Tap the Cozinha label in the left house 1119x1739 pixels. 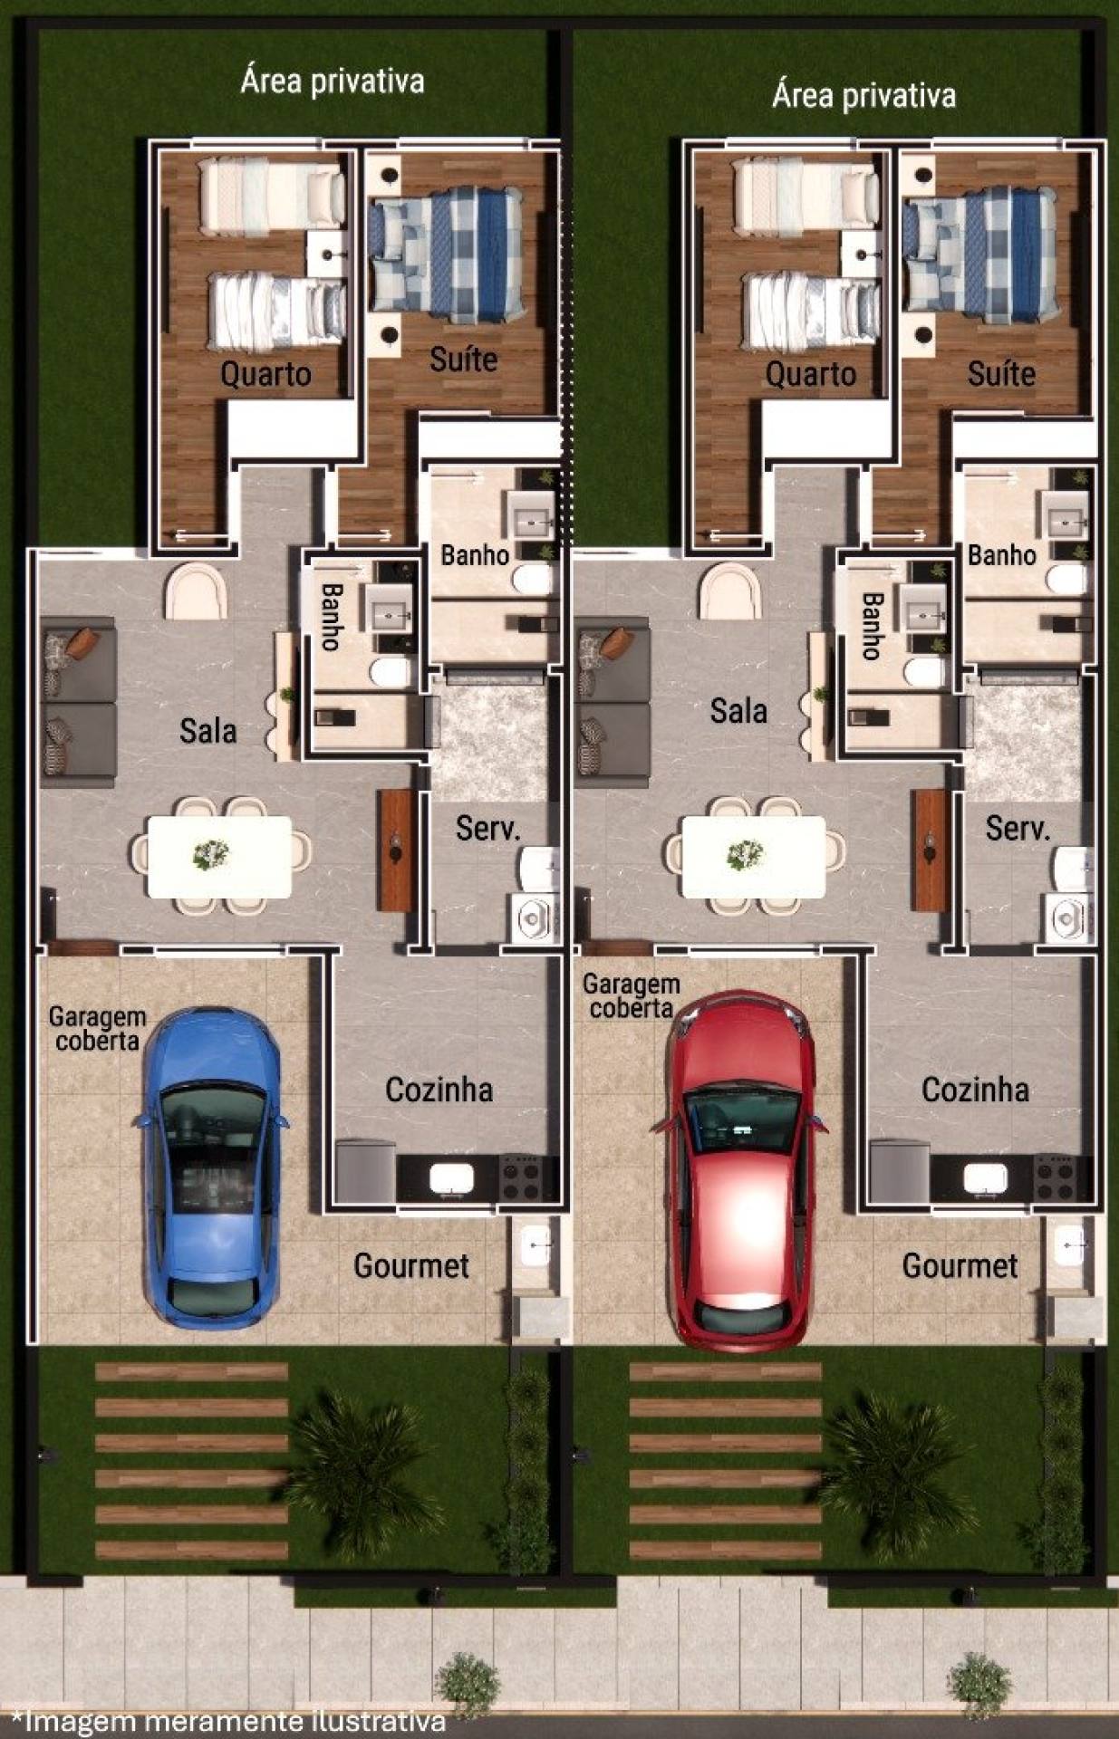pos(439,1090)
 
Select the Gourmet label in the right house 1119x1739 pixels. pos(960,1266)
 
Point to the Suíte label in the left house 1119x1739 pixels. pos(464,360)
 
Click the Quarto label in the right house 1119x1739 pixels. pos(811,374)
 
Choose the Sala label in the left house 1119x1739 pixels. pos(207,731)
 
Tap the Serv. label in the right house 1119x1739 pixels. pos(1018,828)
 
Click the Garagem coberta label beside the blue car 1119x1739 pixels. pos(97,1029)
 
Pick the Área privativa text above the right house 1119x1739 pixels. pos(863,95)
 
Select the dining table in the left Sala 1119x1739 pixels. pos(219,857)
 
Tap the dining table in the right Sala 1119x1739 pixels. pos(754,857)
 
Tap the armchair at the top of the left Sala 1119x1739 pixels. pos(195,591)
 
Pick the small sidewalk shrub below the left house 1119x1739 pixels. pos(468,1686)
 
